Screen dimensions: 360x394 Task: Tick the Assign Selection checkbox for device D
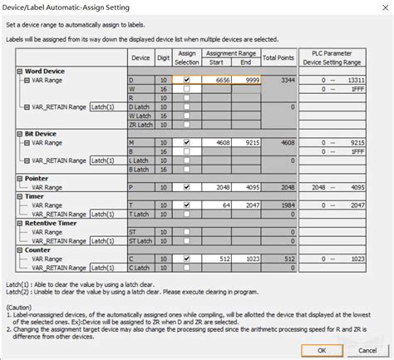tap(187, 80)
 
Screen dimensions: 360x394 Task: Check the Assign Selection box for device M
tap(187, 142)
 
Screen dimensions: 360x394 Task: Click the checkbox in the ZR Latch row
tap(187, 125)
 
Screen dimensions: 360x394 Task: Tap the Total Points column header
tap(278, 57)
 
